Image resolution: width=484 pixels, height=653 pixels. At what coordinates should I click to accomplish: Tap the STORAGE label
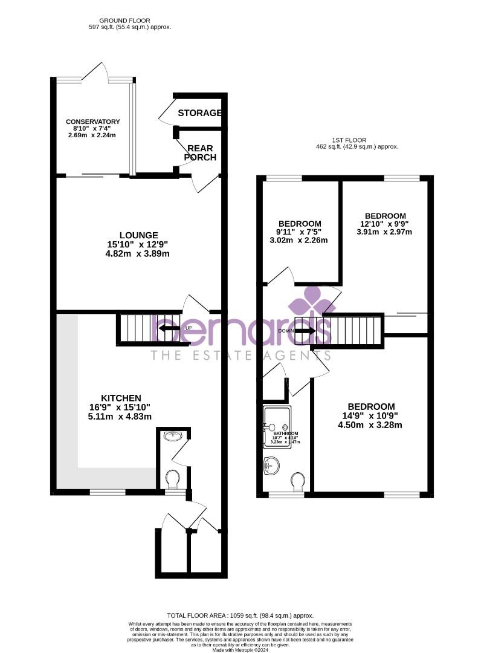point(199,113)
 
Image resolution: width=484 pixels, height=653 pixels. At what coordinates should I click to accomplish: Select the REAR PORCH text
point(200,152)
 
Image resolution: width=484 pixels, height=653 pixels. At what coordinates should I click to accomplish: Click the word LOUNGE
point(138,235)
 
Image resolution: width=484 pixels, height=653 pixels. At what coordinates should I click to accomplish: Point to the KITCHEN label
point(121,398)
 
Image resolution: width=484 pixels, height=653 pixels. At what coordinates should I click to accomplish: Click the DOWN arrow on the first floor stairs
point(304,331)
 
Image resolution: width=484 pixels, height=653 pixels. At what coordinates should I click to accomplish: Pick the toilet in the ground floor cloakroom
point(172,479)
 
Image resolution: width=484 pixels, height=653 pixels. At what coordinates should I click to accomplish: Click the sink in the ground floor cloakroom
point(172,435)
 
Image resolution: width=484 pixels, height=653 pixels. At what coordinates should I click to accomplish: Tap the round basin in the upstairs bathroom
point(272,465)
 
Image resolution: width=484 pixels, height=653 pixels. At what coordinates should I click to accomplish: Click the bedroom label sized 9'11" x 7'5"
point(300,223)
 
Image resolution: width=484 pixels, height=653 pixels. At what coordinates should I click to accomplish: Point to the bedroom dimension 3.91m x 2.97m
point(385,232)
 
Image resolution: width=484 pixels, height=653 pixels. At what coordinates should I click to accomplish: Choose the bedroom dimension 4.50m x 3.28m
point(371,425)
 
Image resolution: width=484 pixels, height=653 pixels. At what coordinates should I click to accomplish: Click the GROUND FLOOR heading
point(126,21)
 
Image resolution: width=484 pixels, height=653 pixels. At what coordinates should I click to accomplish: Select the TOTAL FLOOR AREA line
point(242,616)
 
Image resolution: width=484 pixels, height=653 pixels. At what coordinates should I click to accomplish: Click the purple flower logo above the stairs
point(312,300)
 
